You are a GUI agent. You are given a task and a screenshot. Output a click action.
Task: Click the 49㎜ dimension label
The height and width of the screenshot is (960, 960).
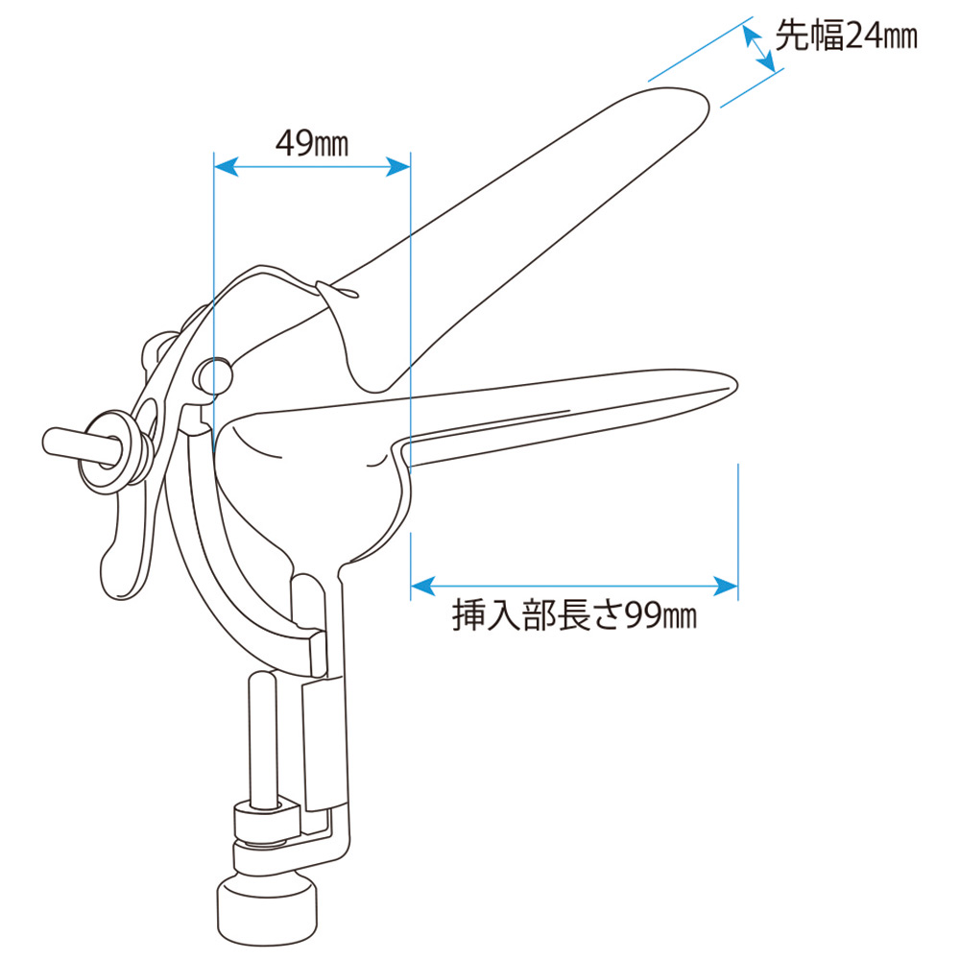point(312,143)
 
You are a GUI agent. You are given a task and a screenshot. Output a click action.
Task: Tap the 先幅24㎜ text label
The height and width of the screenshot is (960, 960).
point(846,35)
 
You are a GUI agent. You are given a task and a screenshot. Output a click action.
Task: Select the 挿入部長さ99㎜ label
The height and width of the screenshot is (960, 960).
point(574,614)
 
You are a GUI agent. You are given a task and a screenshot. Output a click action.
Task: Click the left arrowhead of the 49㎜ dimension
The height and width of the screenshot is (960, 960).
point(226,166)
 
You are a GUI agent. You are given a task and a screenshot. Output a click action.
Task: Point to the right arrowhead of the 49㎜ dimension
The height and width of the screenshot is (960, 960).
point(398,166)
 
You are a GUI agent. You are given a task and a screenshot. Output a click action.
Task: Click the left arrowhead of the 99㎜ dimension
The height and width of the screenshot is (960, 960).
point(422,586)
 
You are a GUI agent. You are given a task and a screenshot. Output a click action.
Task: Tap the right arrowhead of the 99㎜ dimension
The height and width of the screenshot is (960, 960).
point(726,586)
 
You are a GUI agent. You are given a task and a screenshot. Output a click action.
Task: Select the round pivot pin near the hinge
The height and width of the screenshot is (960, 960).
point(214,375)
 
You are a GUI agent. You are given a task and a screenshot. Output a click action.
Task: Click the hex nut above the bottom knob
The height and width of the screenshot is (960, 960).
point(266,823)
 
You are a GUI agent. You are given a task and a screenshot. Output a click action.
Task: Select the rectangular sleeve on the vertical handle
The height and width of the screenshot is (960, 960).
point(324,743)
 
